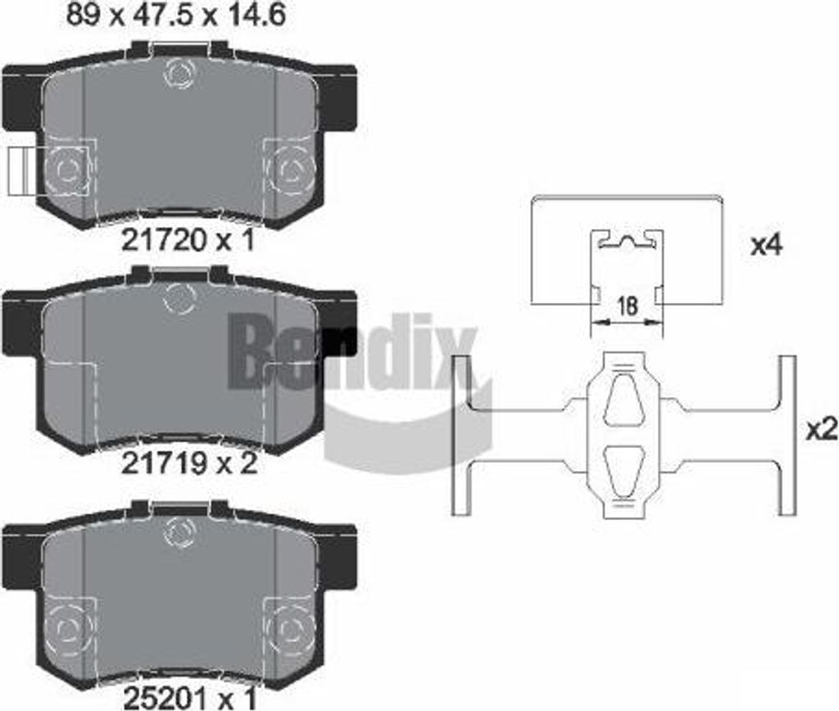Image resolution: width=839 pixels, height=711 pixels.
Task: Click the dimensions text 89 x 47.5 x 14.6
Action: pos(176,15)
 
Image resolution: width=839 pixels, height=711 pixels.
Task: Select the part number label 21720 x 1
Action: pos(188,241)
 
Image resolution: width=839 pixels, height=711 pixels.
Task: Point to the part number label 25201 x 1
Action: pos(190,697)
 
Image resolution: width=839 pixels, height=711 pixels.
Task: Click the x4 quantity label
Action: pos(767,245)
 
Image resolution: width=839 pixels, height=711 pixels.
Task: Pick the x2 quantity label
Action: pos(822,429)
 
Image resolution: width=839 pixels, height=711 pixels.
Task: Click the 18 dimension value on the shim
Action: pos(627,306)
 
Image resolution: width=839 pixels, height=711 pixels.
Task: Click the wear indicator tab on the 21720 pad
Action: pos(23,171)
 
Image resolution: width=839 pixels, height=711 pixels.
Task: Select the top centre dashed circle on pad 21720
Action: pos(178,73)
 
